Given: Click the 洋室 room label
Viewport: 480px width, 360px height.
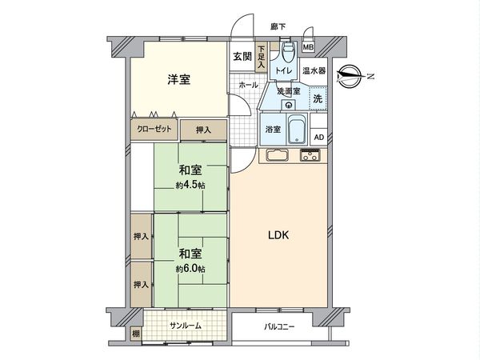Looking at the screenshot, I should click(x=178, y=79).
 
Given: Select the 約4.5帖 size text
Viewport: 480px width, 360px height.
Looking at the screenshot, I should click(x=190, y=186).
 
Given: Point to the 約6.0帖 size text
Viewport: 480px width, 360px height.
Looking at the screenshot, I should click(x=190, y=269).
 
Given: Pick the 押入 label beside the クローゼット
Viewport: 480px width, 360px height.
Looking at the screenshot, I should click(x=203, y=129).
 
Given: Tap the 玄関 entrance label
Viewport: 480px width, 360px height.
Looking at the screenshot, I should click(x=242, y=57).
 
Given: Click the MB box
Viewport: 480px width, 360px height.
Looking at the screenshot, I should click(x=308, y=49).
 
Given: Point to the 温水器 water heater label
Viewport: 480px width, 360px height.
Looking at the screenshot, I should click(x=314, y=71).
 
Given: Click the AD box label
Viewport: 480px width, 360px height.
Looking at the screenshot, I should click(x=318, y=137).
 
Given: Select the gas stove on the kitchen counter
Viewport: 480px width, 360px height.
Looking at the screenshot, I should click(x=310, y=155).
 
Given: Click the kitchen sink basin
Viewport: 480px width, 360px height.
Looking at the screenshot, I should click(x=276, y=155).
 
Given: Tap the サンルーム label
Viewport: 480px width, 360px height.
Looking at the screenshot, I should click(x=186, y=326).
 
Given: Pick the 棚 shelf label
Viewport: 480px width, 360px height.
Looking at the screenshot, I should click(x=135, y=331).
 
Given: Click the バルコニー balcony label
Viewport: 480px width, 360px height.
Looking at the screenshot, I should click(x=279, y=326).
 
